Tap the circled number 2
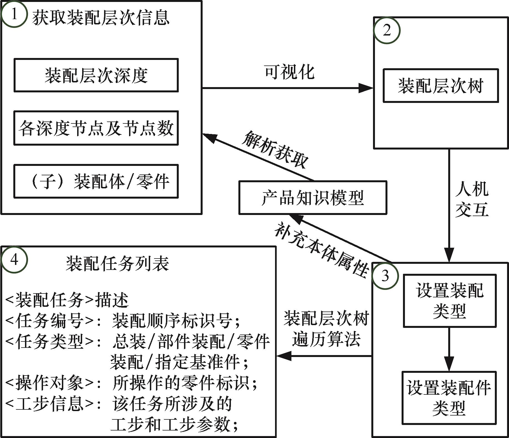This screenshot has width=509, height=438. [387, 31]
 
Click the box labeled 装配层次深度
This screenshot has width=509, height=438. [96, 75]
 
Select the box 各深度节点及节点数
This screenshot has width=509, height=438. [96, 128]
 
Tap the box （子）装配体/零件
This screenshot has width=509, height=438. [96, 181]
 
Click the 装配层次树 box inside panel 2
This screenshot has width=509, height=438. [440, 86]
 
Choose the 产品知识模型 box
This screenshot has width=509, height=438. [313, 198]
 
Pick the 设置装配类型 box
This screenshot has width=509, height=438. [449, 301]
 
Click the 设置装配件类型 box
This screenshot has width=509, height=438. [449, 398]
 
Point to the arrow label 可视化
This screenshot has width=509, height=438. [289, 72]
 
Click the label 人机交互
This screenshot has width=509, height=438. [472, 199]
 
